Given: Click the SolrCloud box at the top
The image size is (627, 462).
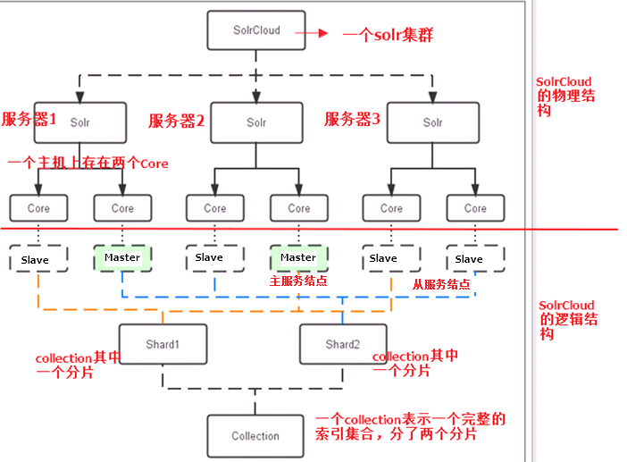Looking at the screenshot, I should click(x=255, y=30).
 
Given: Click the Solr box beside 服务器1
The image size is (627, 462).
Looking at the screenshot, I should click(x=80, y=122).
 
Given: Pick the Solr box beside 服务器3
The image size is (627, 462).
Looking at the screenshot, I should click(x=432, y=122).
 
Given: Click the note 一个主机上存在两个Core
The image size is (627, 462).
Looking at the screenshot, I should click(x=88, y=164).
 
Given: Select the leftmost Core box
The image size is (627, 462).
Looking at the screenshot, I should click(x=38, y=208).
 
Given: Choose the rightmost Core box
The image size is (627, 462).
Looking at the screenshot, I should click(x=475, y=208).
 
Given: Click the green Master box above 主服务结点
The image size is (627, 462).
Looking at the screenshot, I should click(x=298, y=257).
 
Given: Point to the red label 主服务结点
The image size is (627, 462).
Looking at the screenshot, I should click(x=298, y=281).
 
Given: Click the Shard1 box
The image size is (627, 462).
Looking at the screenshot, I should click(x=163, y=344).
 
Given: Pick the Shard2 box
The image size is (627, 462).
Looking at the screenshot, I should click(x=342, y=344).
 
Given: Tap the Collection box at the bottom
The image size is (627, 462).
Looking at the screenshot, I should click(x=255, y=435).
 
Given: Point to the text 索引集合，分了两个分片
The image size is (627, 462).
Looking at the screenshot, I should click(x=397, y=435).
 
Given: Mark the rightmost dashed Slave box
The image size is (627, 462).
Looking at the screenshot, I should click(x=469, y=258).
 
